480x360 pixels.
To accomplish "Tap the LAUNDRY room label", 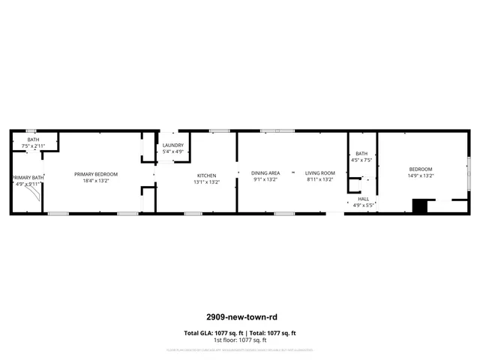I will tap(173, 145).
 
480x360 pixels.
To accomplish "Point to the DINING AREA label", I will tap(265, 173).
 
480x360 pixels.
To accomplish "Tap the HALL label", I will tap(363, 199).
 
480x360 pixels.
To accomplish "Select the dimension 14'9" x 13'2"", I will tap(421, 175).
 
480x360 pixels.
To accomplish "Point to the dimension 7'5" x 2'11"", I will tap(34, 145).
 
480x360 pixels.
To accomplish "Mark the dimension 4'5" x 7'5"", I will tap(361, 160).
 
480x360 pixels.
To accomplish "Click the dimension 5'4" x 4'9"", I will tap(173, 151).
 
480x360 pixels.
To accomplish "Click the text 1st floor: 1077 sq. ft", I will tap(240, 340).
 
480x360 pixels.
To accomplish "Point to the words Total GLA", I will tap(197, 333).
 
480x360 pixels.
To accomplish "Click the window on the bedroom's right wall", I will tap(469, 174).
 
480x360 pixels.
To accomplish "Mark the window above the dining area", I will tap(277, 131).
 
